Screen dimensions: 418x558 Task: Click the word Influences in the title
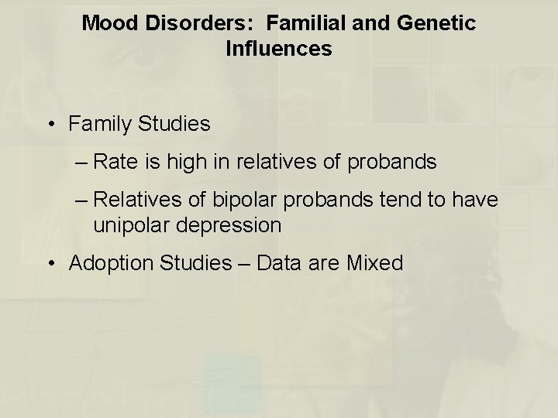point(279,50)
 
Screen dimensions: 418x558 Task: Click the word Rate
point(113,163)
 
